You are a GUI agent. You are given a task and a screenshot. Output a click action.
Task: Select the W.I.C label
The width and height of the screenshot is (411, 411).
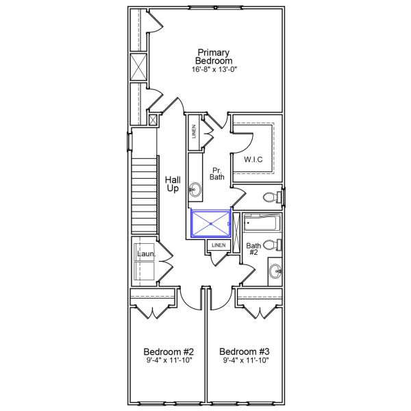253,160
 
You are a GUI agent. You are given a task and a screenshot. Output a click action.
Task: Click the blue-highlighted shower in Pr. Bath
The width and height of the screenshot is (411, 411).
210,222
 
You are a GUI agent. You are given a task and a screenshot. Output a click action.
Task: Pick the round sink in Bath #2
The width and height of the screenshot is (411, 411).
275,271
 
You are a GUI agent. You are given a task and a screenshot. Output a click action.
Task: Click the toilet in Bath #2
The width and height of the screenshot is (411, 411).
272,245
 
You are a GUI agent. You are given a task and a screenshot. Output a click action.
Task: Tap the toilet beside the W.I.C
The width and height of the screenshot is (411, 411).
272,197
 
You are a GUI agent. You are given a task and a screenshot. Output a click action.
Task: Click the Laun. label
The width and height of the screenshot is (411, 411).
146,255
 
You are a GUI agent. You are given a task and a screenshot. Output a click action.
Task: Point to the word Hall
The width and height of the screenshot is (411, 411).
173,179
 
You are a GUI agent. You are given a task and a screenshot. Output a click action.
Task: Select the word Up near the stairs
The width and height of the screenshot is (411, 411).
173,189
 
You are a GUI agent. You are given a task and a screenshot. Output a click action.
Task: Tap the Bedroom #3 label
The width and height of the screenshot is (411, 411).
243,349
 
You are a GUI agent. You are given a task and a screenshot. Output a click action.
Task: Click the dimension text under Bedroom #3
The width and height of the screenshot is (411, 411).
243,360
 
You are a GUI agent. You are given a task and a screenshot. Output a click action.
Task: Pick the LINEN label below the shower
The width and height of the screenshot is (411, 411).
219,245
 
